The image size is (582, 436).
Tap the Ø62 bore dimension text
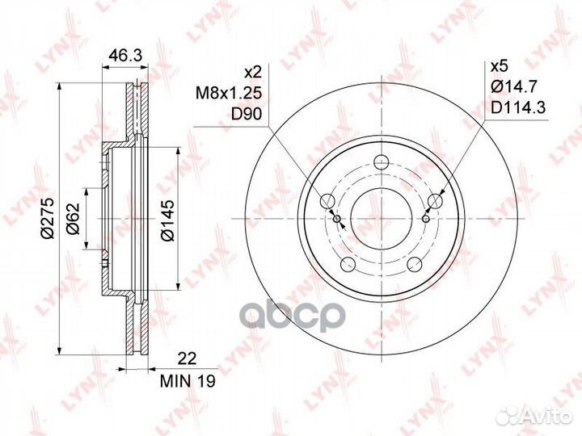pos(73,219)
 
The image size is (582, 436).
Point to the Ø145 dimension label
pos(167,220)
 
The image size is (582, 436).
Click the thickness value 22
pos(187,358)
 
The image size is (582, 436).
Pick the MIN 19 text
pos(188,381)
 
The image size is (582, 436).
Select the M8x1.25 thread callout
pos(229,93)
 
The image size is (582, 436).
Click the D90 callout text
pos(247,115)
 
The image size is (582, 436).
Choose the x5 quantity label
pos(499,67)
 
